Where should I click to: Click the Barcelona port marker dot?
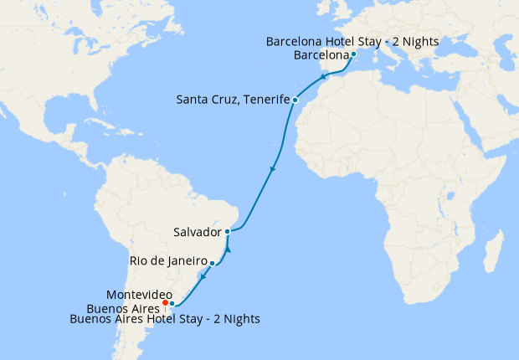(353, 54)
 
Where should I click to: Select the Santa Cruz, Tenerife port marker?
(295, 100)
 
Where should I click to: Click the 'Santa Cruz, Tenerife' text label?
(233, 100)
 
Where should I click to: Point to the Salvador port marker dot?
(228, 230)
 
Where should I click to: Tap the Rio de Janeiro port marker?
(212, 263)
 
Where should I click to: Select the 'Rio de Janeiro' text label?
(168, 262)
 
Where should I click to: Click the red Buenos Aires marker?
(166, 302)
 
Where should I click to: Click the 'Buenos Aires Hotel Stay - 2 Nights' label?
(165, 319)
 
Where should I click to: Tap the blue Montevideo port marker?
(172, 303)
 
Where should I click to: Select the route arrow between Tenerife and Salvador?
(273, 170)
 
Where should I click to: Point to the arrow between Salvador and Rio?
(229, 249)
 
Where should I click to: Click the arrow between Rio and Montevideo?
(203, 275)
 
